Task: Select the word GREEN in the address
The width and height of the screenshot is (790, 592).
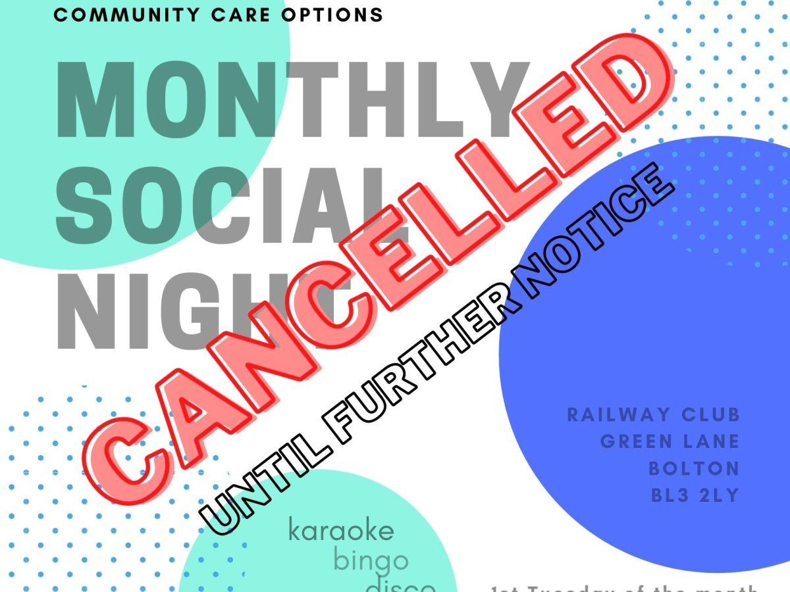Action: click(x=635, y=441)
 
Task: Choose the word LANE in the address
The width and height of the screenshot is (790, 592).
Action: click(x=710, y=441)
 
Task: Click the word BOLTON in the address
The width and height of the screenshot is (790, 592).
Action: click(x=694, y=468)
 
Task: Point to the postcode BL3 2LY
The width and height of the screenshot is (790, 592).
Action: click(x=695, y=495)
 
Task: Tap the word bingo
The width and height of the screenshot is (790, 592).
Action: click(x=370, y=562)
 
